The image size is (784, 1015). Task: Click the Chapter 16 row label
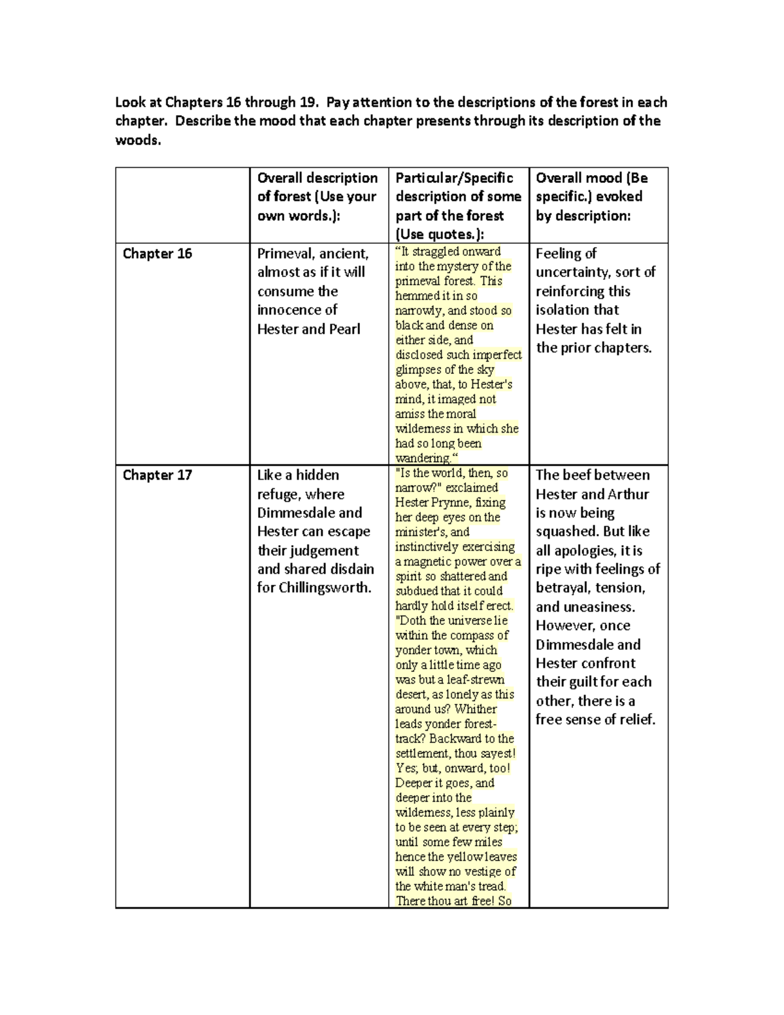pyautogui.click(x=157, y=254)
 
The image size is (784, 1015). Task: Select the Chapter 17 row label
pyautogui.click(x=157, y=475)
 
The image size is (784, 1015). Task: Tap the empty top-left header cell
pyautogui.click(x=182, y=205)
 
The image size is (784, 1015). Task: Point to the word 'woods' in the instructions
pyautogui.click(x=137, y=140)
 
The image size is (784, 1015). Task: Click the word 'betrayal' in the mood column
pyautogui.click(x=561, y=588)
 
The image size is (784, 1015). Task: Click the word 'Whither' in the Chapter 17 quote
pyautogui.click(x=476, y=708)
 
